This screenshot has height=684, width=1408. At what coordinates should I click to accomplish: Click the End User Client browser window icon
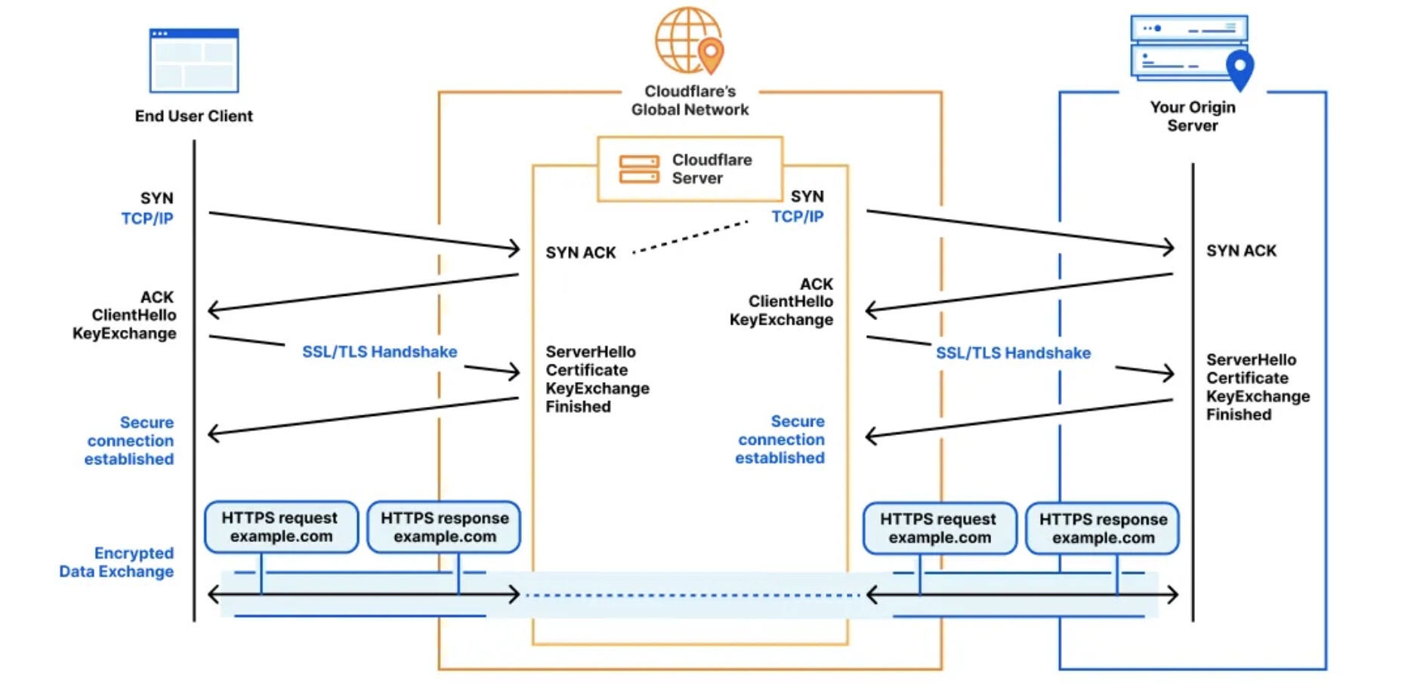194,60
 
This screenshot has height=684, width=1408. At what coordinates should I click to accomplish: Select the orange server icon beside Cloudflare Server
639,169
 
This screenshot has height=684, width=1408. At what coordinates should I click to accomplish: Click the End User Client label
193,116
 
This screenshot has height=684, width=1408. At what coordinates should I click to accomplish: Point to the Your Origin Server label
1192,116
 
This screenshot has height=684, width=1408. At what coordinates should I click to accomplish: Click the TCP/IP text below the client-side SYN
147,219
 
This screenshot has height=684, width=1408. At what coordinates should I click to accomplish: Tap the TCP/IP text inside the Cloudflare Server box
797,217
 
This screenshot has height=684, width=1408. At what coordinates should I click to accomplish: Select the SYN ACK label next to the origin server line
1241,251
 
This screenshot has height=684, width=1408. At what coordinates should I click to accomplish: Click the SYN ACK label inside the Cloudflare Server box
581,253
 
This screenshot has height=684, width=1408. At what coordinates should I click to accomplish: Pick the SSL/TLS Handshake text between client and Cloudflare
379,352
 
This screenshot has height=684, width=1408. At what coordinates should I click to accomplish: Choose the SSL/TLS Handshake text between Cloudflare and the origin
1013,353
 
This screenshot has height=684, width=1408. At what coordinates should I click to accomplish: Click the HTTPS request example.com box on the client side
281,527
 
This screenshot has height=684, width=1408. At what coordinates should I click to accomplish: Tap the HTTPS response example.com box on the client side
444,527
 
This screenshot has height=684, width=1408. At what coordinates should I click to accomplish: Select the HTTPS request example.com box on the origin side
939,528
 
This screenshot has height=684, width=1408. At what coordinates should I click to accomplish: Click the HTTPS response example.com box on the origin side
1103,528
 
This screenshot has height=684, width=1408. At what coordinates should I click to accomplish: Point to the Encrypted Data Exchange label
117,562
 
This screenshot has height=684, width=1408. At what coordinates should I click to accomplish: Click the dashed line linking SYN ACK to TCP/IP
690,237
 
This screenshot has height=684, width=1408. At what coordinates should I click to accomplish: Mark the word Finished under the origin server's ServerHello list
1239,414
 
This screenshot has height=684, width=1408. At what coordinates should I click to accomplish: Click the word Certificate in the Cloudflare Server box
587,370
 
